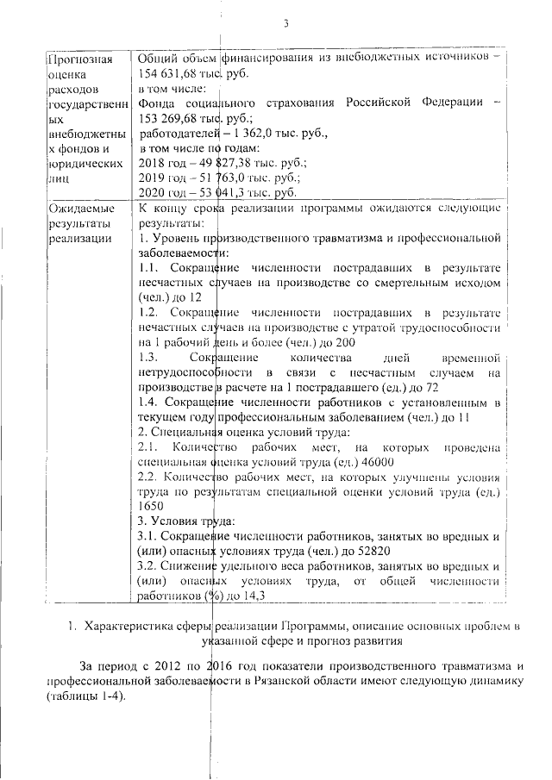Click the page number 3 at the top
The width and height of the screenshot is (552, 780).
point(284,22)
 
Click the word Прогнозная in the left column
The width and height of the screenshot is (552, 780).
point(79,59)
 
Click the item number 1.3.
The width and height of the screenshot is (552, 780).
point(148,358)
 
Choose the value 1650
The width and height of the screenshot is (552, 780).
point(152,508)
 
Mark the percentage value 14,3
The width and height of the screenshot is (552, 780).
point(254,596)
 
